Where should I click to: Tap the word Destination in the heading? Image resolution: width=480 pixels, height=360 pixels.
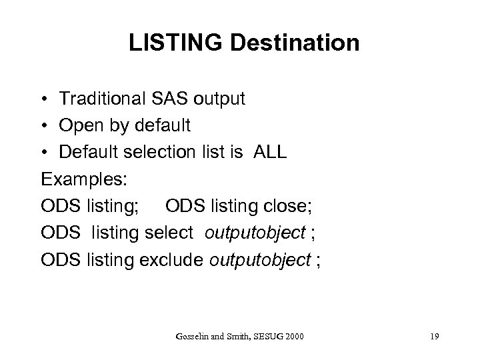[x=293, y=44]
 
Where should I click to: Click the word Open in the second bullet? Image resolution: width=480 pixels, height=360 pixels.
[x=79, y=126]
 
